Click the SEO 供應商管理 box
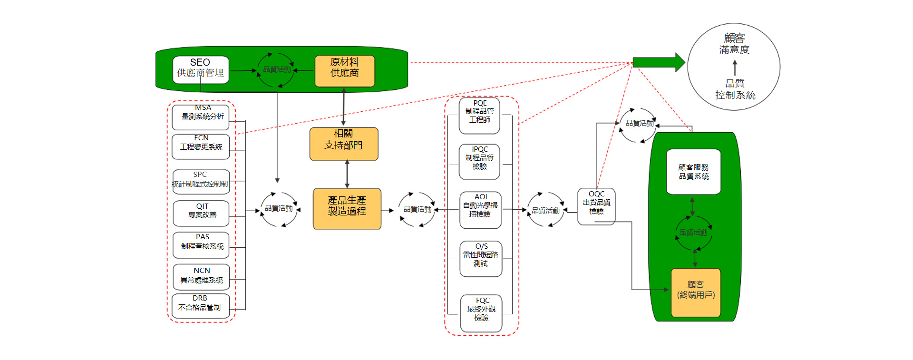tap(200, 70)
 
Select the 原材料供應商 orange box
tap(345, 71)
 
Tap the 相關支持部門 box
tap(344, 144)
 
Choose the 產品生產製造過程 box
tap(347, 209)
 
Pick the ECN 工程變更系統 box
tap(201, 146)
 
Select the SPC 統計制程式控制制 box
tap(201, 181)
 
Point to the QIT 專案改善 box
tap(201, 213)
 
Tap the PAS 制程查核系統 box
tap(201, 244)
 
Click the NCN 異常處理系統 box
tap(201, 277)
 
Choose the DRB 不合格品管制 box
tap(200, 305)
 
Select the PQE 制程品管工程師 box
tap(479, 116)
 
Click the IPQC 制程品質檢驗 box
tap(479, 162)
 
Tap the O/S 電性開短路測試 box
tap(481, 259)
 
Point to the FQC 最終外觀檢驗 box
tap(481, 313)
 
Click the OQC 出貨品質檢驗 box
tap(596, 206)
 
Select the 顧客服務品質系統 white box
tap(693, 172)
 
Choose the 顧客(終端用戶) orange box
tap(696, 292)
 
